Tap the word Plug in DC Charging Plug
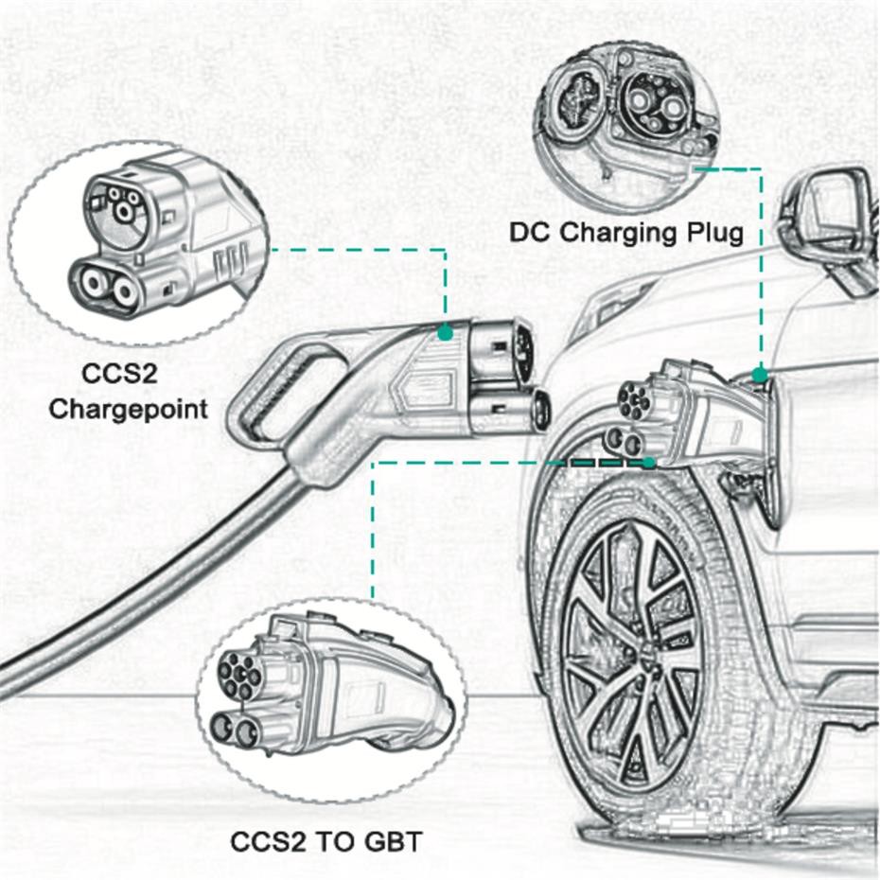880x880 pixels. pyautogui.click(x=709, y=233)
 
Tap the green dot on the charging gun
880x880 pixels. pyautogui.click(x=445, y=332)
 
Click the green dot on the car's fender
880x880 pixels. pyautogui.click(x=759, y=376)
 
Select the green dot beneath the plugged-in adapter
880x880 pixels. pyautogui.click(x=648, y=463)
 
